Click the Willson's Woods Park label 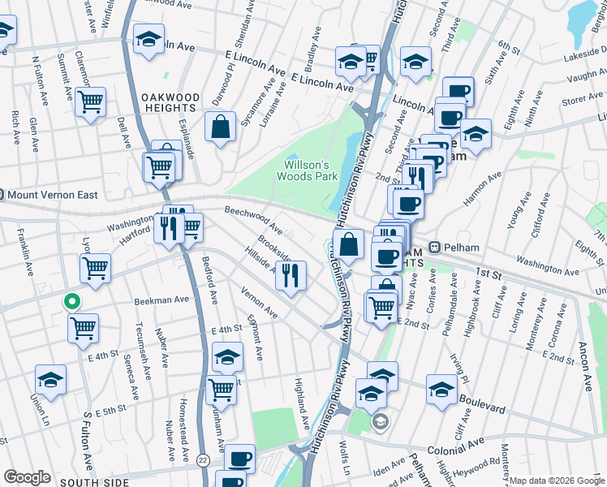[307, 169]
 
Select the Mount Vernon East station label [50, 195]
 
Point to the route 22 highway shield [202, 460]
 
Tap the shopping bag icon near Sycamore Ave [220, 127]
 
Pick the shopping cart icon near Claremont [90, 102]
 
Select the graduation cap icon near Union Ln [50, 380]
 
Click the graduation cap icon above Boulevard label [441, 389]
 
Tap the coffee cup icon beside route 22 [239, 459]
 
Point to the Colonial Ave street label [457, 442]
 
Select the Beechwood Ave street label [253, 219]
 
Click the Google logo [28, 477]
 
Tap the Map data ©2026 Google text [557, 481]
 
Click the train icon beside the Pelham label [435, 247]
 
